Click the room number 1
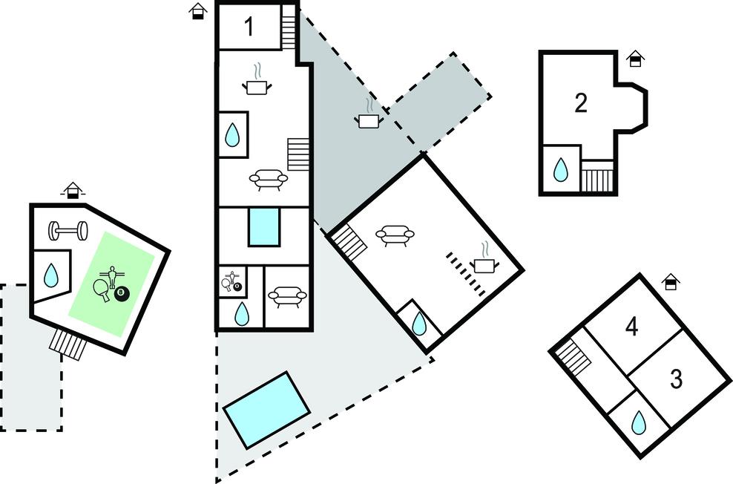click(x=249, y=27)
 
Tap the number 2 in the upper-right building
click(x=581, y=103)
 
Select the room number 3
click(x=676, y=379)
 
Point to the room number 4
click(x=631, y=327)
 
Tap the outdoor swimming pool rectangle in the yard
click(x=266, y=409)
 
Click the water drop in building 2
click(x=561, y=171)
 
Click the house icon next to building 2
click(x=635, y=59)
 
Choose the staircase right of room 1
click(x=289, y=28)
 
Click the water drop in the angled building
click(x=419, y=323)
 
